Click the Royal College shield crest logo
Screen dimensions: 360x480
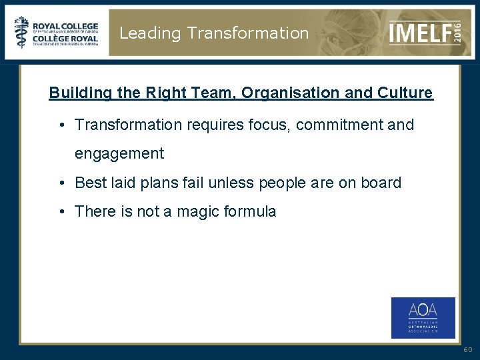(x=21, y=32)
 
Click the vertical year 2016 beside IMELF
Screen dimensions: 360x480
(x=457, y=31)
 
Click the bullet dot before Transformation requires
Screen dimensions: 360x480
(x=61, y=125)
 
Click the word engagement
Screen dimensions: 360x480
(x=119, y=154)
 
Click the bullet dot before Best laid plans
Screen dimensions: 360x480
(x=61, y=183)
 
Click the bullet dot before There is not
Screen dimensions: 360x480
(x=61, y=212)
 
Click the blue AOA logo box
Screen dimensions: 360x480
(x=423, y=317)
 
